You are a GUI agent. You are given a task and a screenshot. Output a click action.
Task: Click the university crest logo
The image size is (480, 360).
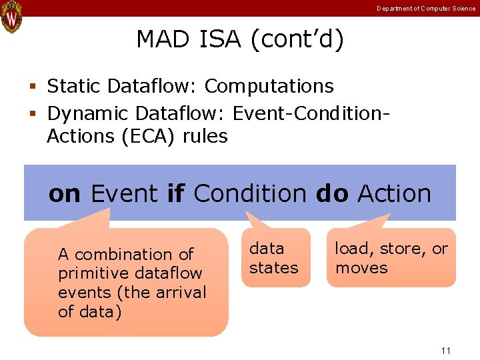click(x=11, y=17)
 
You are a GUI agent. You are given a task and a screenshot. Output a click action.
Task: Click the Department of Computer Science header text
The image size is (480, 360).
click(x=426, y=9)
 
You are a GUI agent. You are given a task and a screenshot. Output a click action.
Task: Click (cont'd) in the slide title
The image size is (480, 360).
click(x=297, y=40)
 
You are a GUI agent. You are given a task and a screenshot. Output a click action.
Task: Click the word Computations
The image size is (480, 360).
click(x=269, y=87)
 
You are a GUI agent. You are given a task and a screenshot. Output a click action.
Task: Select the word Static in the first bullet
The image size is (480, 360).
click(x=73, y=87)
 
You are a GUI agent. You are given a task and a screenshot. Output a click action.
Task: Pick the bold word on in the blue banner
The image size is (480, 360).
click(x=65, y=194)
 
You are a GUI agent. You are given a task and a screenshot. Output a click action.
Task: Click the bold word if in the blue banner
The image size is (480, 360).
click(x=175, y=194)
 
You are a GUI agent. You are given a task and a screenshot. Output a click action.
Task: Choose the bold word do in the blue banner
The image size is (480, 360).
click(x=332, y=194)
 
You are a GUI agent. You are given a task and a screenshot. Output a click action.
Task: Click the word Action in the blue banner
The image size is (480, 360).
click(x=395, y=194)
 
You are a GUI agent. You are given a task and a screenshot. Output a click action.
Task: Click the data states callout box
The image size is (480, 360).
click(x=275, y=258)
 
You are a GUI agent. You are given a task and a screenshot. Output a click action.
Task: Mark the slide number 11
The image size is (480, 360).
click(x=446, y=351)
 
